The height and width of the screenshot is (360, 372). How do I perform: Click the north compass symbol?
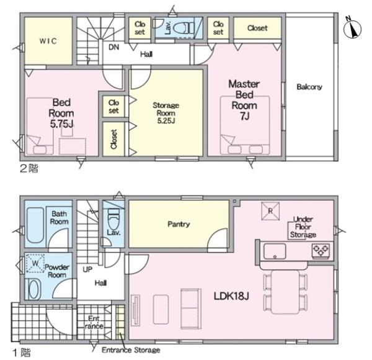[x=353, y=29]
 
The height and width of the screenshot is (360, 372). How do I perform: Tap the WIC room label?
[x=48, y=41]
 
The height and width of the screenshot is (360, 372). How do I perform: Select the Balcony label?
[x=309, y=87]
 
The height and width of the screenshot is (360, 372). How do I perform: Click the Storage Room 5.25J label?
[x=166, y=113]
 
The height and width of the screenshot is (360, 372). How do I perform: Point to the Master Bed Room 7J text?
[x=244, y=100]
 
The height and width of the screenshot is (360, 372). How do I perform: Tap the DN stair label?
[x=114, y=47]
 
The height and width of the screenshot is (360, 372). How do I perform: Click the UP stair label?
[x=87, y=269]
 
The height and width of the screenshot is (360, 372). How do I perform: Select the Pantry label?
[x=179, y=224]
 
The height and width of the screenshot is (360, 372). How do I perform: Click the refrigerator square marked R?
[x=270, y=211]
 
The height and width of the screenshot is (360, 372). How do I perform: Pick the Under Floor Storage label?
[x=303, y=227]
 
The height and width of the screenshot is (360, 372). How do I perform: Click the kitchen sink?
[x=275, y=251]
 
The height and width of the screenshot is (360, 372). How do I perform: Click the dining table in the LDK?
[x=285, y=292]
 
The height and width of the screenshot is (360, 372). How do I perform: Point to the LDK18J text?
[x=231, y=296]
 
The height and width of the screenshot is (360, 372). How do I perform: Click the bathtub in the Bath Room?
[x=35, y=225]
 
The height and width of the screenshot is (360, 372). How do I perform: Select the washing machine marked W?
[x=35, y=263]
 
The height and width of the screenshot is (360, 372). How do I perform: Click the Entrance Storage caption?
[x=131, y=350]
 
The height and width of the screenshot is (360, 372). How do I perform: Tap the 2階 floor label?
[x=29, y=168]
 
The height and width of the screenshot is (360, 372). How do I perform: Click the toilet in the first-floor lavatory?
[x=113, y=218]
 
